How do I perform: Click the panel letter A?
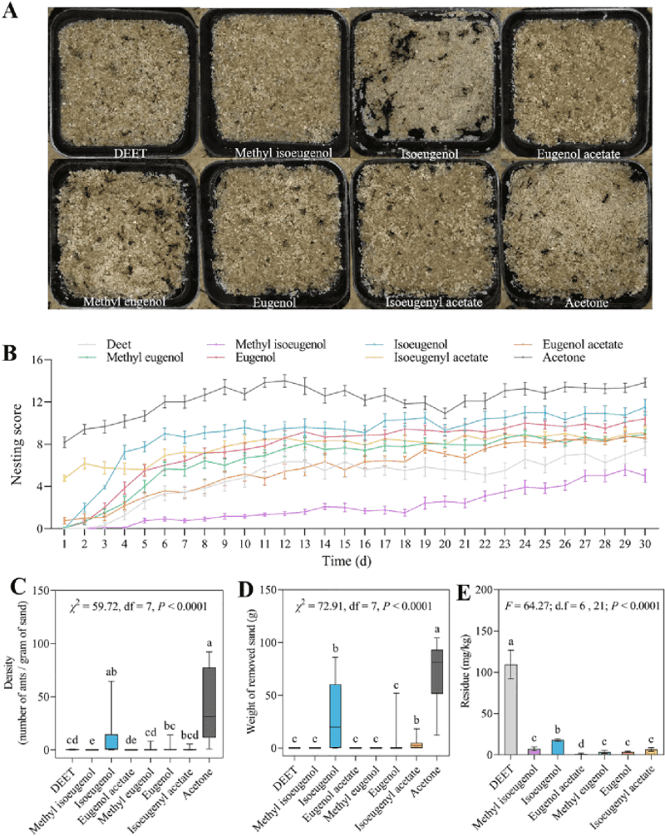[x=10, y=10]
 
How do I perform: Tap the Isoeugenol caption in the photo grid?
[x=429, y=154]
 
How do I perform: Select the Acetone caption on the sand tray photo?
[x=587, y=302]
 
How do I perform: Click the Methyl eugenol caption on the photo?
[x=124, y=302]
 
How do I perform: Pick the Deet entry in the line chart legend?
[x=118, y=344]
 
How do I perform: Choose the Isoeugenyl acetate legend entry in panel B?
[x=441, y=357]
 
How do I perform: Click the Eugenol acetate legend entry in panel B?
[x=583, y=344]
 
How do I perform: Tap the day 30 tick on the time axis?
[x=645, y=543]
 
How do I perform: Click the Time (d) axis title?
[x=347, y=560]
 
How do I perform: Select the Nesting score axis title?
[x=17, y=444]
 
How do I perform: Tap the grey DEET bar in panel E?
[x=511, y=709]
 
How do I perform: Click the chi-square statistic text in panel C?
[x=139, y=606]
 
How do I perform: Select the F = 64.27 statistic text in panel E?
[x=583, y=606]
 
